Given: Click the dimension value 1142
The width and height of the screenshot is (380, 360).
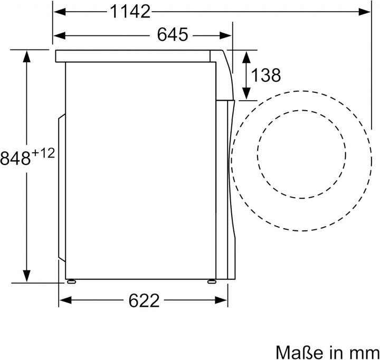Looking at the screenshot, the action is pos(130,12).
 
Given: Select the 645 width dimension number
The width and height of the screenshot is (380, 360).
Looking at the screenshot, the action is pos(173,34).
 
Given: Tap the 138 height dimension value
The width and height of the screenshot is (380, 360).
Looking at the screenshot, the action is pos(266,75).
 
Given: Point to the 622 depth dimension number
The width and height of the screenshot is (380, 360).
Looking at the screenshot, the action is pos(144,300).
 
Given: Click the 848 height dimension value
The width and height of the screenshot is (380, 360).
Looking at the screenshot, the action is pos(15,159).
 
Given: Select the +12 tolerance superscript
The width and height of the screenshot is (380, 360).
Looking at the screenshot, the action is pos(43,153).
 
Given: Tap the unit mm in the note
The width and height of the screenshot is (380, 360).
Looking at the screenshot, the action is pos(367,354).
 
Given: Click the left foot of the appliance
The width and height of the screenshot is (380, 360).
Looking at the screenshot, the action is pos(71,281).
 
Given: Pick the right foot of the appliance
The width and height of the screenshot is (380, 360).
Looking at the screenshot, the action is pos(212,281).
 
